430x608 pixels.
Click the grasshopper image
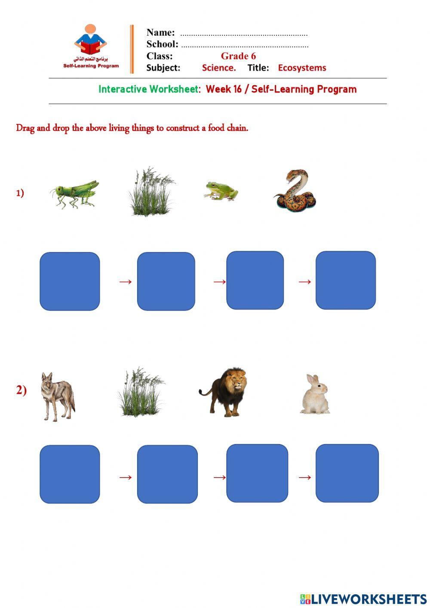tap(74, 194)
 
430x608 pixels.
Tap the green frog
tap(221, 191)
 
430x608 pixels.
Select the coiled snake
tap(295, 191)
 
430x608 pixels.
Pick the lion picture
tap(225, 392)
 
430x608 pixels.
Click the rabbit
tap(315, 395)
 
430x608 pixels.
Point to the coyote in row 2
tap(57, 396)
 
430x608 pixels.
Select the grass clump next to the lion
tap(140, 392)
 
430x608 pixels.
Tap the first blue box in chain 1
tap(70, 281)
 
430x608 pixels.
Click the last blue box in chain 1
tap(345, 280)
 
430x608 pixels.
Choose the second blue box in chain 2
tap(167, 474)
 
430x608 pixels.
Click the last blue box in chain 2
tap(347, 473)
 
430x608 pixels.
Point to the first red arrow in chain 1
tap(125, 282)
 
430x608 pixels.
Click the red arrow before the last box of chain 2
tap(304, 477)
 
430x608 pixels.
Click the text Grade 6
tap(238, 56)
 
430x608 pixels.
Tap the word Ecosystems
tap(302, 68)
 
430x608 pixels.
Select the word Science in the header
tap(218, 68)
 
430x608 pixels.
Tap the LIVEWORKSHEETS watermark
tap(363, 599)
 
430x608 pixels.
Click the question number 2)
tap(21, 390)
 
